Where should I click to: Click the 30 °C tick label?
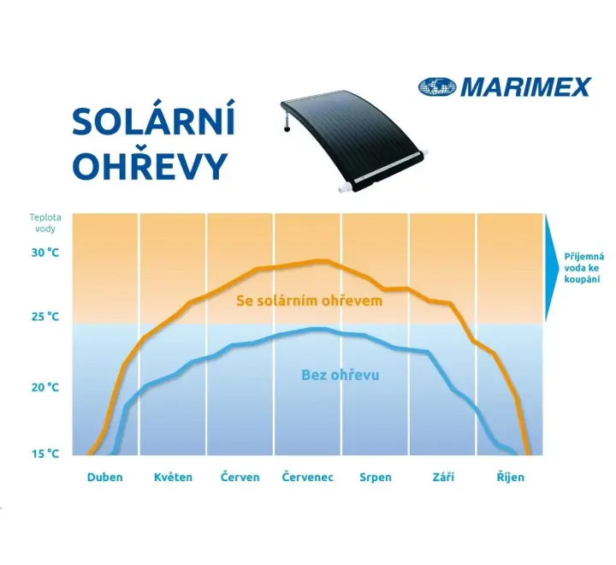45,253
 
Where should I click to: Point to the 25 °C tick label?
45,316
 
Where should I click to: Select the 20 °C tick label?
45,387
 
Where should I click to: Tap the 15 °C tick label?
45,454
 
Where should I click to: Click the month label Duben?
105,477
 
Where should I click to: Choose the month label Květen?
173,477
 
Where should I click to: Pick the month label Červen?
240,477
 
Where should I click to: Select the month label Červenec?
308,477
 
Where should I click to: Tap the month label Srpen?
376,478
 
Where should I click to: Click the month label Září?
443,477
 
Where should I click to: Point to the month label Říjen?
511,477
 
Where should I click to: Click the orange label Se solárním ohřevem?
309,300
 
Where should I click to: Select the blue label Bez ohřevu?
341,375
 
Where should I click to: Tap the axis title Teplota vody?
45,223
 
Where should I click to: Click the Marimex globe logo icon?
437,87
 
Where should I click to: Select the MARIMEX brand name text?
525,87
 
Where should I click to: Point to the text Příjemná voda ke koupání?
583,268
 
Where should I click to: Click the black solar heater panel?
353,140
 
